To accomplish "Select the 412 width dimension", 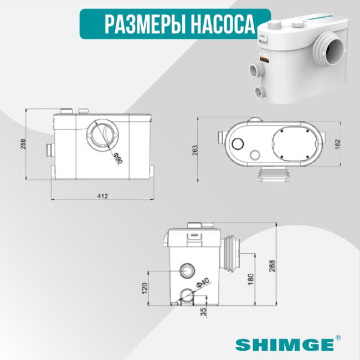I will point(102,196).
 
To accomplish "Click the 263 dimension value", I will point(195,150).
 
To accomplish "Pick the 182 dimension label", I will point(338,143).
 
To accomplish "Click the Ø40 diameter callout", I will point(203,284).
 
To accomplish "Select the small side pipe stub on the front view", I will point(48,149).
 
